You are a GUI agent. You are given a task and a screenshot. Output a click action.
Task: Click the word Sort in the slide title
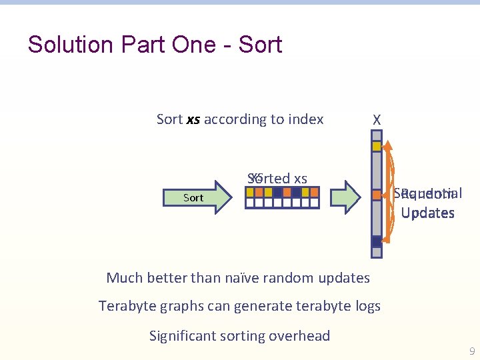click(x=260, y=45)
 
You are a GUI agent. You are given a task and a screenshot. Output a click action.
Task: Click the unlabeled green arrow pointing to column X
click(x=346, y=197)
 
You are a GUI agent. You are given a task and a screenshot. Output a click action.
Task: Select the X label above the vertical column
click(x=377, y=120)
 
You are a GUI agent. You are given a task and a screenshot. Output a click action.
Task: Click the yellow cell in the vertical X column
click(x=377, y=146)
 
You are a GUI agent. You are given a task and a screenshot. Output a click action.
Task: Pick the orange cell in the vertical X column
click(x=377, y=195)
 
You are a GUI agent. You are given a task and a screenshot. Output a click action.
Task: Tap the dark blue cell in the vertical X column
click(x=377, y=241)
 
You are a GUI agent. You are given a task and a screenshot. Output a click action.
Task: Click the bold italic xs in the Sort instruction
click(x=193, y=119)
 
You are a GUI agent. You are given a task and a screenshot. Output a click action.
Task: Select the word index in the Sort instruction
click(x=305, y=119)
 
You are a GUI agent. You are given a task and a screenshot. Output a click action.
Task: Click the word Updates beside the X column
click(x=428, y=213)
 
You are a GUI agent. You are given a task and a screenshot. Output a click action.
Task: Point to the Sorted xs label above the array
click(x=277, y=178)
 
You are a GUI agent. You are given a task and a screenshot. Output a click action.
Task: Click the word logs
click(x=365, y=306)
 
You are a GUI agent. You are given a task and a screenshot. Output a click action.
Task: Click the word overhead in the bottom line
click(x=301, y=336)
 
